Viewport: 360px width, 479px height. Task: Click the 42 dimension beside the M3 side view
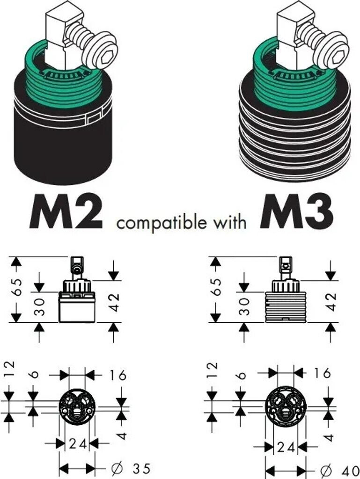[x=331, y=302]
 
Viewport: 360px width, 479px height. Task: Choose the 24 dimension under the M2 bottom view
[x=77, y=443]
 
